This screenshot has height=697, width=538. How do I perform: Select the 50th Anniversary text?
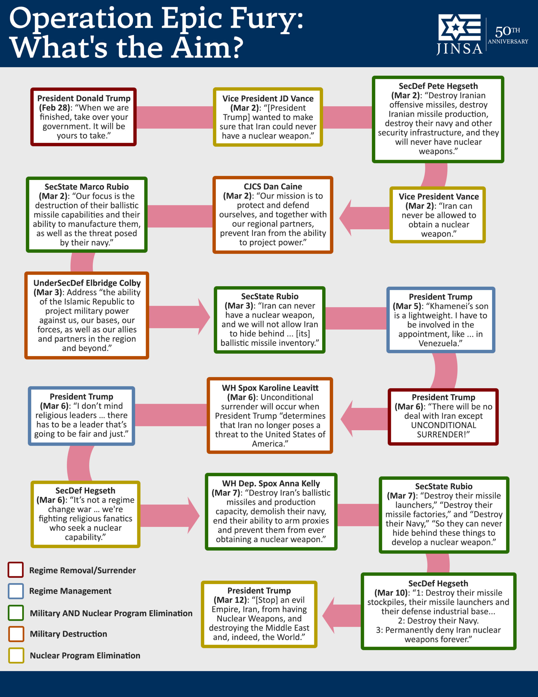point(508,35)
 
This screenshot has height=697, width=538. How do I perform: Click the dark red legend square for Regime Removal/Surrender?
point(15,570)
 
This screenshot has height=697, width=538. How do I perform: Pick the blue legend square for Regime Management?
point(15,591)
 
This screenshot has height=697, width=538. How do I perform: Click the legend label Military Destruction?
point(68,634)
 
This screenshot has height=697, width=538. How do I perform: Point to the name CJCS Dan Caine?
point(273,187)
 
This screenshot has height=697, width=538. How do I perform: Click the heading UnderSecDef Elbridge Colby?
point(87,283)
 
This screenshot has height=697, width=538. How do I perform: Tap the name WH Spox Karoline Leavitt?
point(270,388)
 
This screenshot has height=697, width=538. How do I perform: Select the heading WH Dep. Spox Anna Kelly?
point(271,484)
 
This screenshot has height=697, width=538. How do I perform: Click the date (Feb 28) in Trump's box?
point(54,108)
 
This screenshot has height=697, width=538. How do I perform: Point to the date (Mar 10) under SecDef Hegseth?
point(391,593)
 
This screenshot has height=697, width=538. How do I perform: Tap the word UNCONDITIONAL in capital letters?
point(443,425)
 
